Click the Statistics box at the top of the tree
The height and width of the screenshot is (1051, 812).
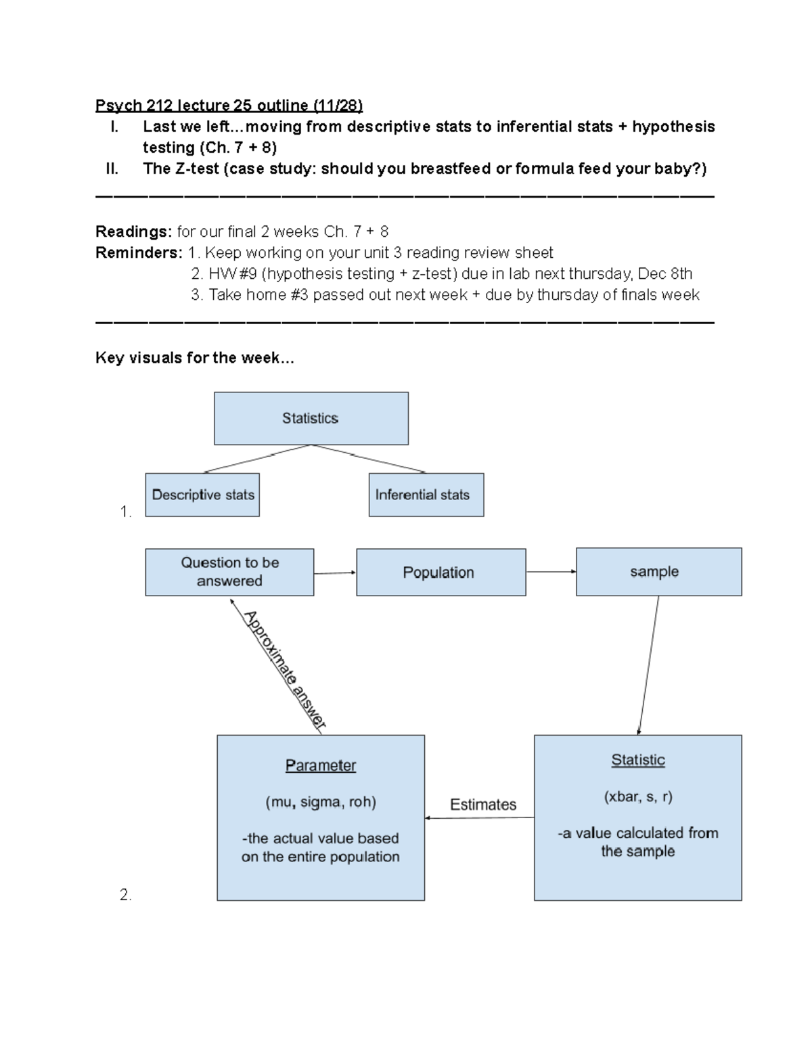click(x=311, y=418)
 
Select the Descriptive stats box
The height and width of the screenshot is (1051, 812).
click(x=202, y=495)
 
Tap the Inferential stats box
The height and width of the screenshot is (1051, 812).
click(x=426, y=495)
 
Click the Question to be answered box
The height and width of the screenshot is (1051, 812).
click(x=229, y=572)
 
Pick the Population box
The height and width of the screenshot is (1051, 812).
click(x=441, y=573)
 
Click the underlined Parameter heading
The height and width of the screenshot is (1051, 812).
click(x=320, y=765)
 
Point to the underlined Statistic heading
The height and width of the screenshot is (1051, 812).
click(x=637, y=760)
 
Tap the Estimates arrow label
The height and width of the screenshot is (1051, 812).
click(x=482, y=805)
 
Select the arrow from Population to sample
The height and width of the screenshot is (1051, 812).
click(x=551, y=572)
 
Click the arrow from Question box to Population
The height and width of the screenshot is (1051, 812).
click(x=335, y=573)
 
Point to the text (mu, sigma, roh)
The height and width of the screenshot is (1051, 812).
click(x=320, y=802)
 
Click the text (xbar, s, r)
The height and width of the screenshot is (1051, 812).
click(x=637, y=797)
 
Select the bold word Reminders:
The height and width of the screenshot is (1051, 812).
click(x=139, y=253)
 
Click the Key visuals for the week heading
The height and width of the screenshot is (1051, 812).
click(x=195, y=358)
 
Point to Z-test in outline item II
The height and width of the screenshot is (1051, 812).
click(x=197, y=169)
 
